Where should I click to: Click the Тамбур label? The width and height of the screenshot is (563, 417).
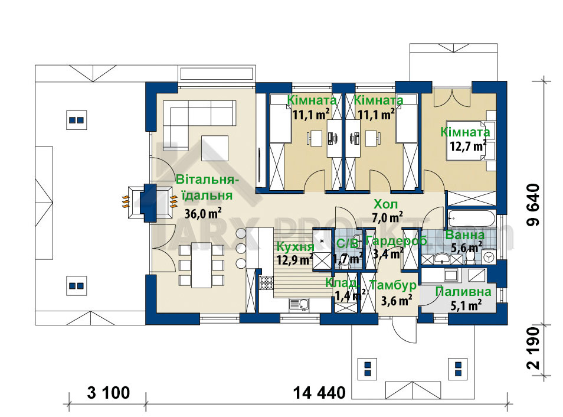tap(393, 286)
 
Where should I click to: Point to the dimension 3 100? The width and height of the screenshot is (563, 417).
tap(108, 392)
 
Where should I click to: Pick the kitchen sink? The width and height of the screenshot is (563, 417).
tap(302, 304)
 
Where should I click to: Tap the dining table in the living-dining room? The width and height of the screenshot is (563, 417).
tap(201, 265)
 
